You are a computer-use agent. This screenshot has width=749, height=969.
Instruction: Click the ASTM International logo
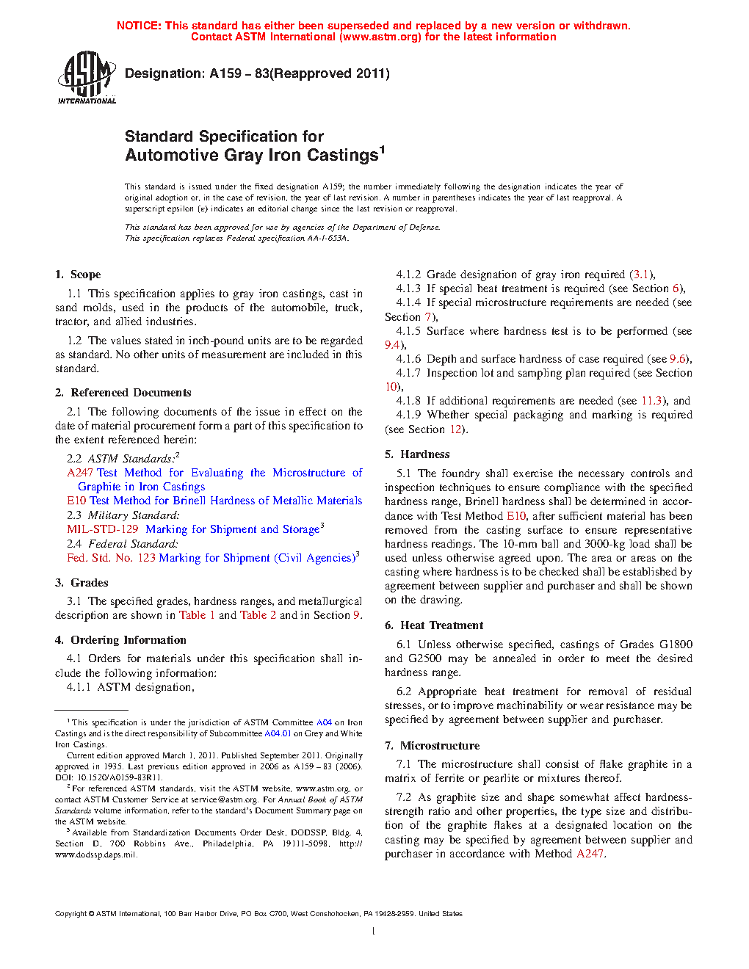[x=87, y=77]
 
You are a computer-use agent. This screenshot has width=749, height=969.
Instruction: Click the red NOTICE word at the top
[x=139, y=26]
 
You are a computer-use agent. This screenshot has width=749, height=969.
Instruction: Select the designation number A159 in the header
[x=225, y=73]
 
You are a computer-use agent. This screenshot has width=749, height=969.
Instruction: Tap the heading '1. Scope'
[x=78, y=275]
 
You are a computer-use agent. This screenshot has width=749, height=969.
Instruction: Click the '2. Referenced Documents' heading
[x=123, y=393]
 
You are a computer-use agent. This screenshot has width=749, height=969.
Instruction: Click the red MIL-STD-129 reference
[x=103, y=529]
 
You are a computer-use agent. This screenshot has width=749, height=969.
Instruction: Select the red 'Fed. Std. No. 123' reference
[x=111, y=558]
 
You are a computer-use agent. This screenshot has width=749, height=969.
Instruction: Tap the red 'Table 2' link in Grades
[x=258, y=615]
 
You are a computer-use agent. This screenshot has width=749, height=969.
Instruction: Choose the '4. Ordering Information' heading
[x=120, y=640]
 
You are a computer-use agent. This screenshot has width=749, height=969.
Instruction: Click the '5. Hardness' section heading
[x=417, y=454]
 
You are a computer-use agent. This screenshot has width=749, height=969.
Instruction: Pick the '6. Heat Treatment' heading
[x=434, y=625]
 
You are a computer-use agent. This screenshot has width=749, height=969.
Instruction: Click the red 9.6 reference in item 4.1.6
[x=677, y=359]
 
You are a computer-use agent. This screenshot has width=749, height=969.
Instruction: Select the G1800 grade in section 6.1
[x=676, y=645]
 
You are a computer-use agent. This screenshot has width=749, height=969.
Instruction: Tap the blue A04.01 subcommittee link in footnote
[x=278, y=733]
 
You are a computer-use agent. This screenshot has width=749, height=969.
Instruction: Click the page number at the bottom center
[x=374, y=932]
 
